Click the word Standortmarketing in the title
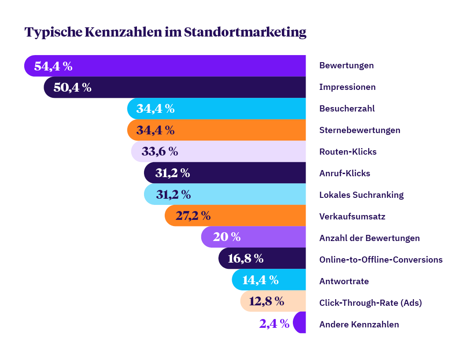[x=245, y=32]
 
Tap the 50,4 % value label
[x=72, y=87]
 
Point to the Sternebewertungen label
[x=359, y=130]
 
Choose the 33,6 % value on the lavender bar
[x=159, y=152]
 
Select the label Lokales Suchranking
[x=361, y=195]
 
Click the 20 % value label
[x=226, y=237]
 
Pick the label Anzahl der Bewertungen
[x=369, y=238]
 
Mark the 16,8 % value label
[x=245, y=259]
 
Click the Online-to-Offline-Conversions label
[x=380, y=260]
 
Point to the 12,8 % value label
[x=266, y=301]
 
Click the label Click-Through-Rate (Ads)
[x=370, y=303]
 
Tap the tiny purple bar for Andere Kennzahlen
[x=300, y=323]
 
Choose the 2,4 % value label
[x=274, y=324]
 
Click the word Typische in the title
[x=52, y=32]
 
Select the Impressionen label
[x=347, y=87]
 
